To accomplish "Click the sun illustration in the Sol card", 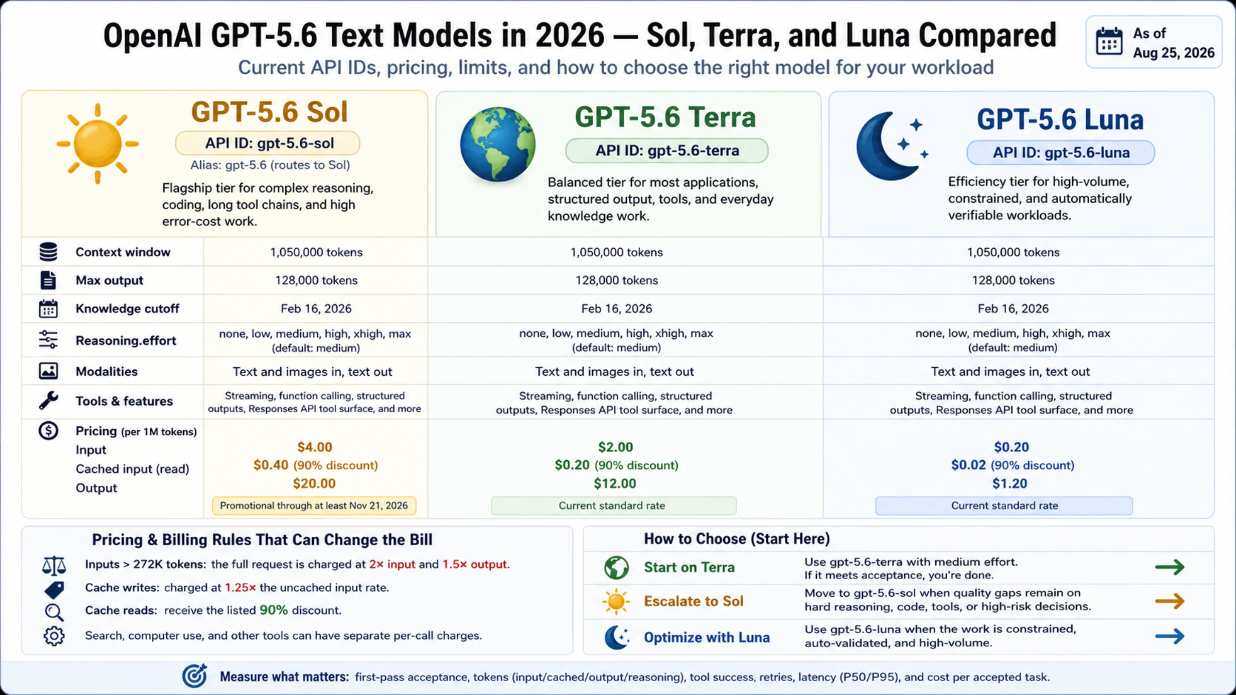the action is (x=97, y=144).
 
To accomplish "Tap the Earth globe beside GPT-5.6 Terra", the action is (x=497, y=145).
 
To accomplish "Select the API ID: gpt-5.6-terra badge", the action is (x=667, y=151).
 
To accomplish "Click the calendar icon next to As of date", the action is (x=1109, y=41).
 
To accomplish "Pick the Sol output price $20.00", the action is (x=314, y=483).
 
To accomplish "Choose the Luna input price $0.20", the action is (x=1011, y=447).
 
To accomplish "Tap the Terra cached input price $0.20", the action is (x=572, y=465).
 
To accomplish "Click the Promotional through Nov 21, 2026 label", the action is (x=314, y=506).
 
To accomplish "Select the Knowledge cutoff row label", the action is (x=127, y=308).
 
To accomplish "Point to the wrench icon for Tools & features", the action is (x=48, y=401).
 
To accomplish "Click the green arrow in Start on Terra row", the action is (x=1170, y=567).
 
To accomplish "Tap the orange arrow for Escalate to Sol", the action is (x=1170, y=601).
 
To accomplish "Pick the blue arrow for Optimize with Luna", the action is (x=1170, y=636).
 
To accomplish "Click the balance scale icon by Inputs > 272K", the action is (x=54, y=565).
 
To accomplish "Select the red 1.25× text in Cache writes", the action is (x=241, y=587).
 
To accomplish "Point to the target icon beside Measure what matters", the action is (x=195, y=676).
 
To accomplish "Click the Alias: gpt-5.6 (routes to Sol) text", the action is (x=270, y=165).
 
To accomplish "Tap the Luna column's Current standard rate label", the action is (x=1004, y=506).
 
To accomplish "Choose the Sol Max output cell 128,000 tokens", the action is (x=316, y=280).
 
